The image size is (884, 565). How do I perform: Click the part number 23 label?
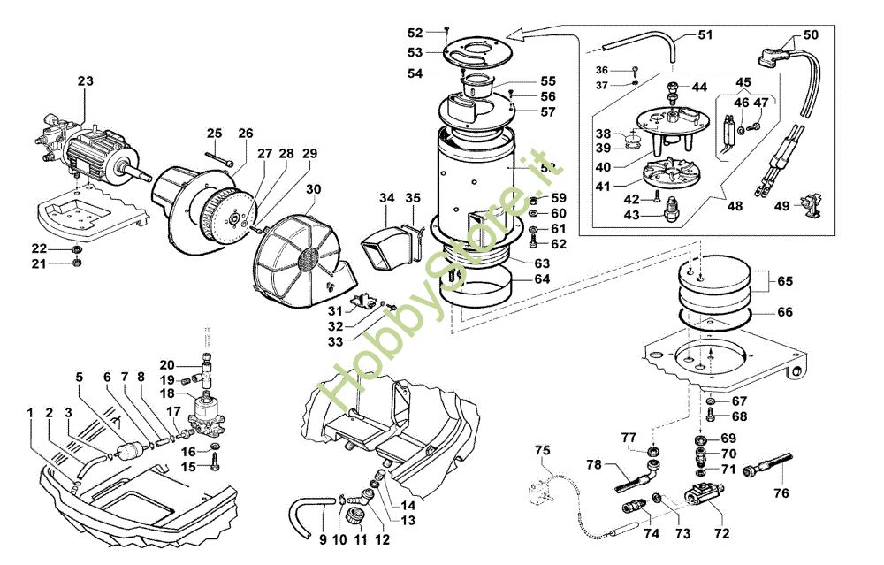[85, 81]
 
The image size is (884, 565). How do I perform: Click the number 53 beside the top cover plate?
[415, 53]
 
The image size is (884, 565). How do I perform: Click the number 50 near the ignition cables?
[811, 34]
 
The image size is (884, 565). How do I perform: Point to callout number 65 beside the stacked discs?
[784, 281]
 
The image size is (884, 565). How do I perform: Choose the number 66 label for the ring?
[784, 311]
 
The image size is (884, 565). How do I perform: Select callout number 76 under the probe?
[781, 493]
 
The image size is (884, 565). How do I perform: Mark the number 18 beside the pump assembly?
[167, 393]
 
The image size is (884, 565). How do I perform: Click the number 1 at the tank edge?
[30, 413]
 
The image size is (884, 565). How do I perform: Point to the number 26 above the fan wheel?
[245, 134]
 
